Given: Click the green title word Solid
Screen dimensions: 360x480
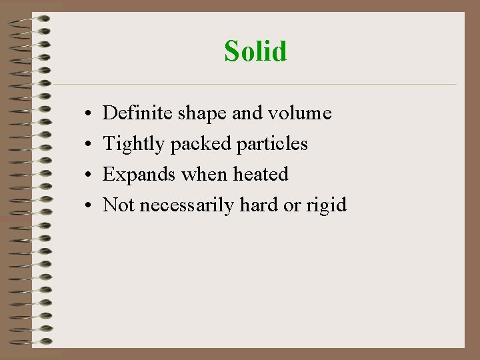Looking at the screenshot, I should pos(255,51).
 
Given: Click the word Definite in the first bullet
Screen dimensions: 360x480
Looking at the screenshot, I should pos(138,113).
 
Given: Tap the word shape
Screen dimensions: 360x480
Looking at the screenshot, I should pos(202,114).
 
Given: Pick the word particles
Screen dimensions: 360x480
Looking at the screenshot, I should pos(273,144).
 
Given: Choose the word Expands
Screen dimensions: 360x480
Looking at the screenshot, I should pos(139,175).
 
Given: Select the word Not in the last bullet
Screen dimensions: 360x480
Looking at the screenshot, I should pos(119,205).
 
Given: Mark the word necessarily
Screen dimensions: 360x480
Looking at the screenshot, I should pos(188,205).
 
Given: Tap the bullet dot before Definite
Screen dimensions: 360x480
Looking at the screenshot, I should pos(88,115).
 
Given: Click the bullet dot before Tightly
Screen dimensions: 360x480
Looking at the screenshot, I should pos(88,145).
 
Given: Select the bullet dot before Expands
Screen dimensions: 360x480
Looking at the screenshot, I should pos(88,176).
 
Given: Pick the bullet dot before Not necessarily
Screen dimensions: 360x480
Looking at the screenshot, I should pos(88,206).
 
